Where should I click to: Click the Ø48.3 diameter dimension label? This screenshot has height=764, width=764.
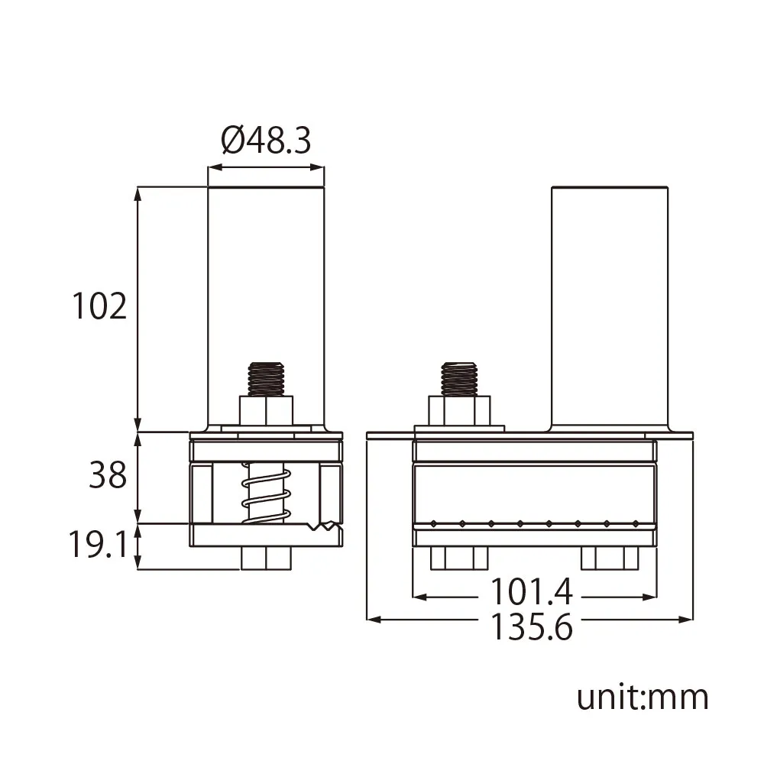tap(266, 141)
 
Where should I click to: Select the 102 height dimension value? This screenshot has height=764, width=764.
tap(99, 306)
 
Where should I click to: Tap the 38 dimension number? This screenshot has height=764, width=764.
tap(108, 475)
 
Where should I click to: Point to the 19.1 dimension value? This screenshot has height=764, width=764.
tap(99, 544)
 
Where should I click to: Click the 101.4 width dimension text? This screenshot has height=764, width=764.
tap(531, 591)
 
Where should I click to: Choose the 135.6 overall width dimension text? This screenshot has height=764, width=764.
tap(531, 626)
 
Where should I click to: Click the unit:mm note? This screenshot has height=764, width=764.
tap(643, 698)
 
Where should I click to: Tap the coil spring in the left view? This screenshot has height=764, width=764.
tap(267, 493)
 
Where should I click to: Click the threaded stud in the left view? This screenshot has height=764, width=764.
tap(266, 379)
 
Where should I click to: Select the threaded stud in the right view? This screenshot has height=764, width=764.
tap(458, 379)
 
